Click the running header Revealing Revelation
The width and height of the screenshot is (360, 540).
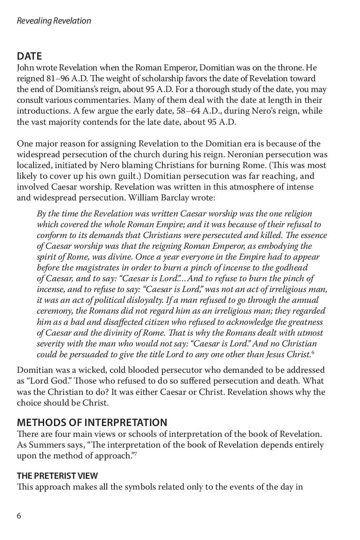54,21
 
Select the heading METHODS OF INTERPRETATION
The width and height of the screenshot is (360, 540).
92,423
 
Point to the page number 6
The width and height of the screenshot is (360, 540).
19,516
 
